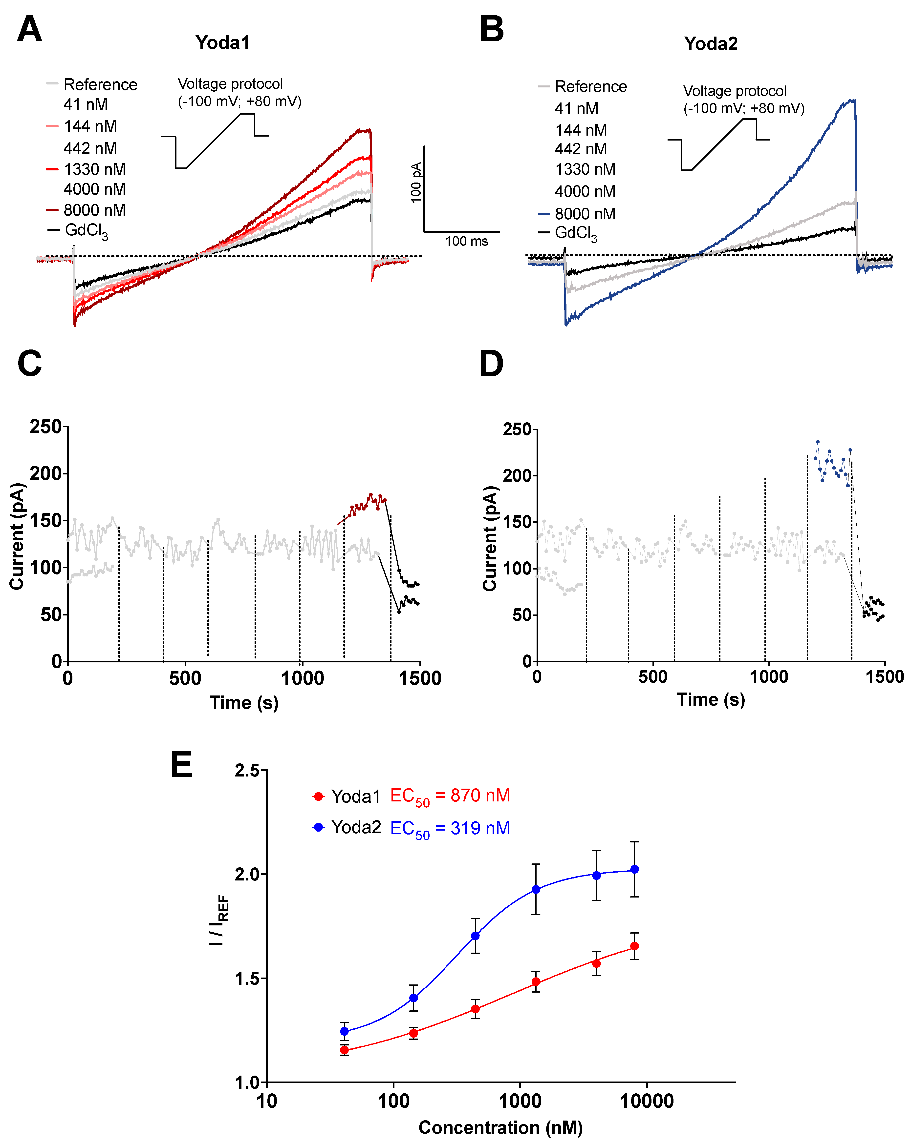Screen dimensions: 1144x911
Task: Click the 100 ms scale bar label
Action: pos(466,242)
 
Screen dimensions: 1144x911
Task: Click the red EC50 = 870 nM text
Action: pos(450,796)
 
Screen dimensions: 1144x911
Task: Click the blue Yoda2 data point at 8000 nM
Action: pos(634,870)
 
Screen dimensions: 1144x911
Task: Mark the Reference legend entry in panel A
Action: pos(100,84)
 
